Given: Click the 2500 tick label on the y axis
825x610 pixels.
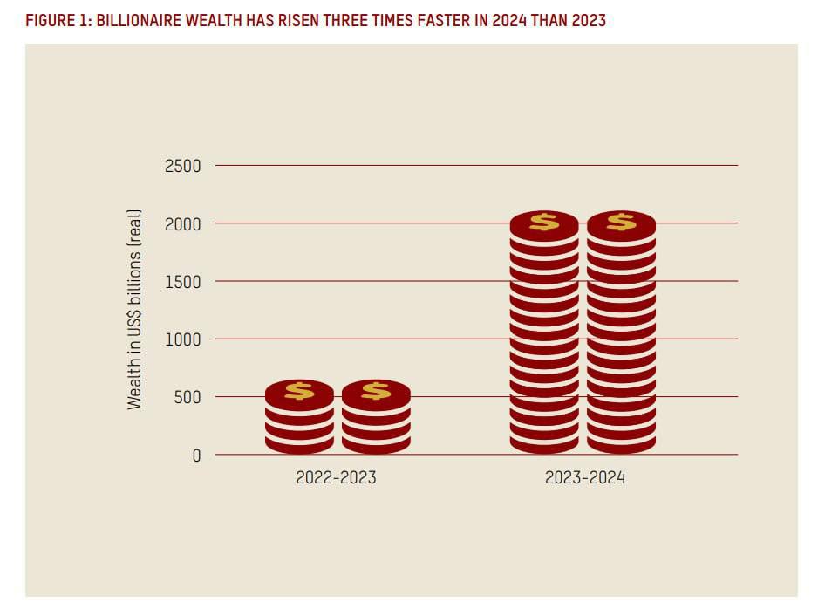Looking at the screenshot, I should pos(183,166).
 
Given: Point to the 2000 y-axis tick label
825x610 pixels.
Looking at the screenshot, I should pos(183,223).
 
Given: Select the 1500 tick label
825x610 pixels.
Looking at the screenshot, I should pos(183,281).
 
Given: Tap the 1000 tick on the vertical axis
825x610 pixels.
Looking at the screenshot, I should pos(183,339).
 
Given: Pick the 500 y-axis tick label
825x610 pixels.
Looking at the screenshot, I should pos(187,397).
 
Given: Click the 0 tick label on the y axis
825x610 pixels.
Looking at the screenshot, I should pos(196,455).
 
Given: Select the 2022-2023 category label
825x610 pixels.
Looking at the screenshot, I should pos(336,477).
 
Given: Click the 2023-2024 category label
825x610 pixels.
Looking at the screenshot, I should pos(585,477).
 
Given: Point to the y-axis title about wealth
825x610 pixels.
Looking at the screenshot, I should pos(134,310).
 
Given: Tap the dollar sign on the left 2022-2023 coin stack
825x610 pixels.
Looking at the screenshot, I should pos(299,391).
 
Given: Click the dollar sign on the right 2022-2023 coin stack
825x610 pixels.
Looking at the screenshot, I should pos(376,391).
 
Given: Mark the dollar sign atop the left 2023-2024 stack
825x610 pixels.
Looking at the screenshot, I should pos(544,222).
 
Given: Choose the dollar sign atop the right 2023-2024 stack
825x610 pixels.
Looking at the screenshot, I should pos(621,222).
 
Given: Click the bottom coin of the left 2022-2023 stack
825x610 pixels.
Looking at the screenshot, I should pos(299,445).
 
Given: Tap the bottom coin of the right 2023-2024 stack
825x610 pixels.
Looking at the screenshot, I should pos(621,445).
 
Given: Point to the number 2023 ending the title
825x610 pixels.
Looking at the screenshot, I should pos(588,21).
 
